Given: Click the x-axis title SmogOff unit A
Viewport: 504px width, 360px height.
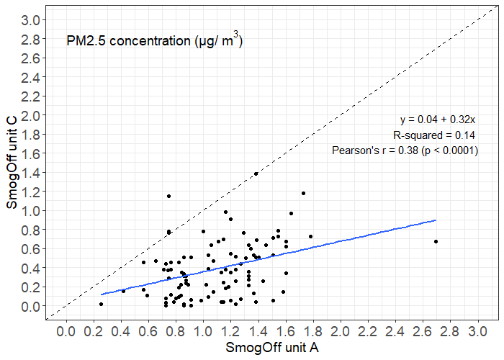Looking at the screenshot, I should pos(272,348).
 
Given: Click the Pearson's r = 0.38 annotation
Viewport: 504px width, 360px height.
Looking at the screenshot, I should pos(405,150).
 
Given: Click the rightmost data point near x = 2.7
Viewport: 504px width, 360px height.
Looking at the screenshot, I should pos(436,241).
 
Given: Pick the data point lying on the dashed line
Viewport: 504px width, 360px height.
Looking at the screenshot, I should pos(256,174).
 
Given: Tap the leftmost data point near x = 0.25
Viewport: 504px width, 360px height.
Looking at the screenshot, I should pos(101,304).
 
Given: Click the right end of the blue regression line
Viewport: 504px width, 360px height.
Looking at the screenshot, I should pos(436,220).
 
